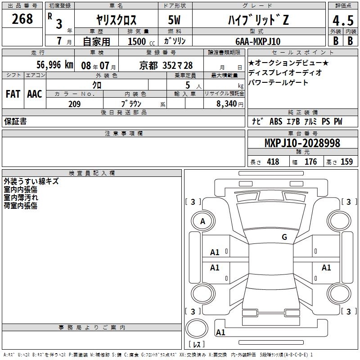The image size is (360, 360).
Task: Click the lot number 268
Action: pos(22,19)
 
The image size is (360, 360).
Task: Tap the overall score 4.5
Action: pos(343,20)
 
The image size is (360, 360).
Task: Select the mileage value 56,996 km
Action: pos(54,65)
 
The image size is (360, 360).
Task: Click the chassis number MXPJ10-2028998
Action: pos(302,143)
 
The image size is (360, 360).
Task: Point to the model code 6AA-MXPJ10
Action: pos(258,41)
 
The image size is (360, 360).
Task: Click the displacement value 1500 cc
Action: pos(141,41)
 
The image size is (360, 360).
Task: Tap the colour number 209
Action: pos(74,104)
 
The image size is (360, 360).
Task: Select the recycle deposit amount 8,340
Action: pos(226,103)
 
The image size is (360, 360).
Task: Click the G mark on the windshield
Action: pos(284,237)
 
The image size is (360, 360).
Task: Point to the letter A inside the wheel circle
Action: pos(202,221)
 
